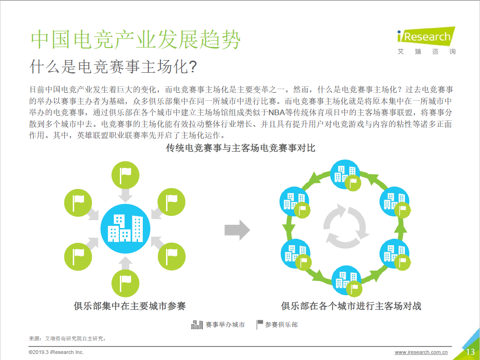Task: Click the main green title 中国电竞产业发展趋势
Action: pyautogui.click(x=136, y=40)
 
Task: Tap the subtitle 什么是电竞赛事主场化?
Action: pyautogui.click(x=113, y=66)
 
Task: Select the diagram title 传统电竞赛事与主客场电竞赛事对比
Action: pyautogui.click(x=241, y=148)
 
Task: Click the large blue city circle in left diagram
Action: pyautogui.click(x=125, y=228)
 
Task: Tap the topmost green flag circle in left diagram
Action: pyautogui.click(x=125, y=175)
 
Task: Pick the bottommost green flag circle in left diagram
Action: pyautogui.click(x=125, y=284)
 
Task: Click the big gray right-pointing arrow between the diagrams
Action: pyautogui.click(x=237, y=230)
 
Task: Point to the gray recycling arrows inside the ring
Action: pyautogui.click(x=345, y=226)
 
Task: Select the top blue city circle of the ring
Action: pyautogui.click(x=345, y=174)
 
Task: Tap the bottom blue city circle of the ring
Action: pyautogui.click(x=346, y=280)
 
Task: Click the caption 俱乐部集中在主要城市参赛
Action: pyautogui.click(x=130, y=306)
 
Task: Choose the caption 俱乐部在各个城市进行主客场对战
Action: pyautogui.click(x=351, y=306)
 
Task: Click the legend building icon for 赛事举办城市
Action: pyautogui.click(x=197, y=325)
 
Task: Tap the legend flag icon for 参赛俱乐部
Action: pyautogui.click(x=259, y=325)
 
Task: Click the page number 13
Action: pyautogui.click(x=470, y=352)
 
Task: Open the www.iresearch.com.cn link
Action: pyautogui.click(x=421, y=353)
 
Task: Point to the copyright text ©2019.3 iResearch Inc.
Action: pyautogui.click(x=56, y=353)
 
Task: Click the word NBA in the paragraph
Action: pyautogui.click(x=277, y=113)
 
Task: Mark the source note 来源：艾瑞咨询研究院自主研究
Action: pyautogui.click(x=67, y=339)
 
